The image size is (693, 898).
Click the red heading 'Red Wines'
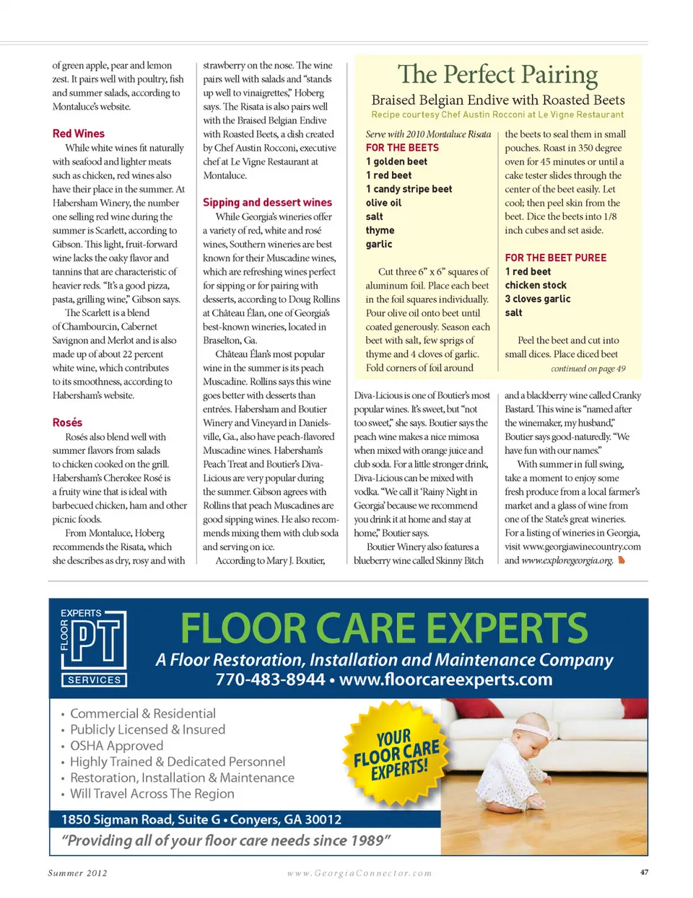coord(78,133)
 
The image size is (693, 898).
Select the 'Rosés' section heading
coord(67,423)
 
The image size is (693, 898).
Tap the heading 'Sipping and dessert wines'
coord(267,203)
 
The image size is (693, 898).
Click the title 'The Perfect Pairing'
coord(497,74)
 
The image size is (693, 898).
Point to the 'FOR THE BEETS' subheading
coord(402,148)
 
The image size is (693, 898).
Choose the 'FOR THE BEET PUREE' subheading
coord(555,257)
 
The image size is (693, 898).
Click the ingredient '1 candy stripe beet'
coord(409,189)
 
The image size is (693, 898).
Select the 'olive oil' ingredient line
coord(383,203)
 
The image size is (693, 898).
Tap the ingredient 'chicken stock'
coord(536,285)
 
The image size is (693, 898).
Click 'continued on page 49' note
coord(588,369)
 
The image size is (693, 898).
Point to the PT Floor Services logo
coord(93,648)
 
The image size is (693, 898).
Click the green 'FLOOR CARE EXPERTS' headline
coord(384,628)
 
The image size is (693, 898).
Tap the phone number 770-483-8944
coord(270,679)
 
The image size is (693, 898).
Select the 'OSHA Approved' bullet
coord(116,746)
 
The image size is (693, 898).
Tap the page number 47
coord(644,872)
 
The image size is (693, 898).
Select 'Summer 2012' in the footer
coord(77,873)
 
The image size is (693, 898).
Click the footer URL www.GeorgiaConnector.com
coord(359,873)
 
